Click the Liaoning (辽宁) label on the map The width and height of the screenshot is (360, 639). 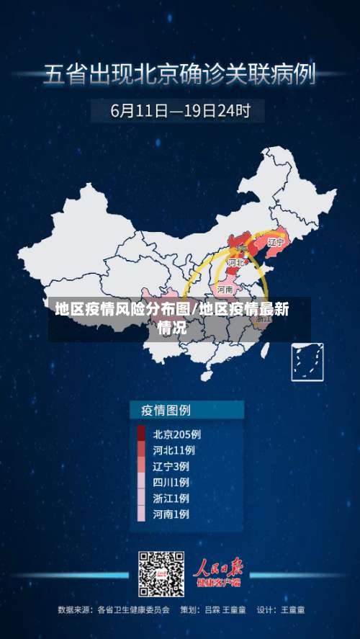coord(276,243)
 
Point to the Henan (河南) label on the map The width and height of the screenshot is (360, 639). coord(225,289)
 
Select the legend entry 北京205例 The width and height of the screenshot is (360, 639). coord(176,434)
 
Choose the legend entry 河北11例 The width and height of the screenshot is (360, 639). coord(174,450)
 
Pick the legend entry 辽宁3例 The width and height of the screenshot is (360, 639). coord(171,466)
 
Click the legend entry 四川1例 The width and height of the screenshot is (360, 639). coord(171,482)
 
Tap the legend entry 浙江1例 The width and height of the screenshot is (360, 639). coord(171,498)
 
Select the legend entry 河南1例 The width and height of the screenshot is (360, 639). coord(171,514)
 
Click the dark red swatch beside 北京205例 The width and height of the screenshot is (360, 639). coord(141,434)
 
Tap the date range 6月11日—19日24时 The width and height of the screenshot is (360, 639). coord(180,111)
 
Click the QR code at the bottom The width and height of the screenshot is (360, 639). coord(161,574)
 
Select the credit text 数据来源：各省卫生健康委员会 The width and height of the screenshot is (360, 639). coord(114,610)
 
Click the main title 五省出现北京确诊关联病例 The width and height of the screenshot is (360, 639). coord(180,74)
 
